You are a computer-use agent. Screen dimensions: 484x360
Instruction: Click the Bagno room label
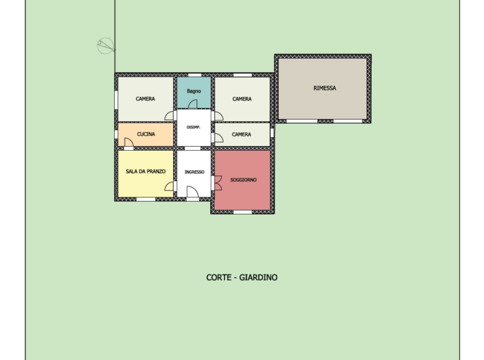coord(194,91)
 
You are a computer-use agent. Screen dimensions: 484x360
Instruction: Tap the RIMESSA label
coord(325,88)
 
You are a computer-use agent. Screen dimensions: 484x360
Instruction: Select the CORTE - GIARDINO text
coord(242,277)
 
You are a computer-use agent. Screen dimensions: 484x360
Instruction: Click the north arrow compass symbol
coord(106,46)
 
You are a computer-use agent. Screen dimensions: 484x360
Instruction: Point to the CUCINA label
coord(146,134)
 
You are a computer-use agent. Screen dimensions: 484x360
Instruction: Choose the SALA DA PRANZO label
coord(146,171)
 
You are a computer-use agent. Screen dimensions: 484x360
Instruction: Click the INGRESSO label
coord(195,172)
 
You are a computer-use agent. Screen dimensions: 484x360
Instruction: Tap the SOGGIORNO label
coord(243,180)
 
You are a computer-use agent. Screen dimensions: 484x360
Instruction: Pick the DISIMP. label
coord(193,127)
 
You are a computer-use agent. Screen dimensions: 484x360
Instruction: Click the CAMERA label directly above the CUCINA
coord(146,99)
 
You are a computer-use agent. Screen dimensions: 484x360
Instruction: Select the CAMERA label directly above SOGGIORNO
coord(241,134)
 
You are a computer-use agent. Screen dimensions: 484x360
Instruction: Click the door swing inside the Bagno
coord(193,104)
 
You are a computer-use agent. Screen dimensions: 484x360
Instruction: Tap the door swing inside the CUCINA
coord(129,142)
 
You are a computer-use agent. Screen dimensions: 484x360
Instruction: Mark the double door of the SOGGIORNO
coord(218,183)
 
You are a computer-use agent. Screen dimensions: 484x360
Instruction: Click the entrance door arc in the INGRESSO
coord(193,191)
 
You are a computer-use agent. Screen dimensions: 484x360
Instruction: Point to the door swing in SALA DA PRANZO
coord(169,186)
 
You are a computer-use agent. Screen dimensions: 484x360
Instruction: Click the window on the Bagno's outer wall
coord(195,75)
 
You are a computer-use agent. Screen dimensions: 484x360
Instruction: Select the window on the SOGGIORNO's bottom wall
coord(243,213)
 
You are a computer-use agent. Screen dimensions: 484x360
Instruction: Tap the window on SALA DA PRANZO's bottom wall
coord(146,199)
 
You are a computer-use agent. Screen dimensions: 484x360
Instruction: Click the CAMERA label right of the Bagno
coord(242,99)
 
